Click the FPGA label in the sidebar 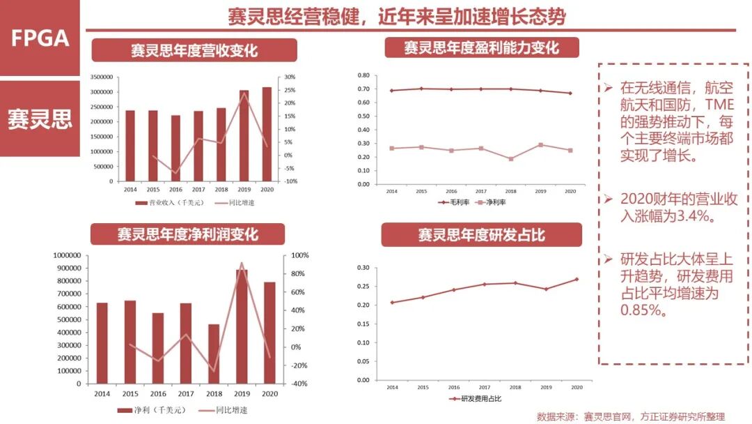click(x=40, y=38)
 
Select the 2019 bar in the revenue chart click(x=244, y=135)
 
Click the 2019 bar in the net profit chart click(x=241, y=326)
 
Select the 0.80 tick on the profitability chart click(x=363, y=75)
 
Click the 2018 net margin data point click(x=510, y=159)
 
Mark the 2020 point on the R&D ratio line click(x=577, y=279)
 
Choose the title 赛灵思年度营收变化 click(x=194, y=50)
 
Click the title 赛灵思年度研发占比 click(x=481, y=235)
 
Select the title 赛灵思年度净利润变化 click(x=187, y=234)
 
